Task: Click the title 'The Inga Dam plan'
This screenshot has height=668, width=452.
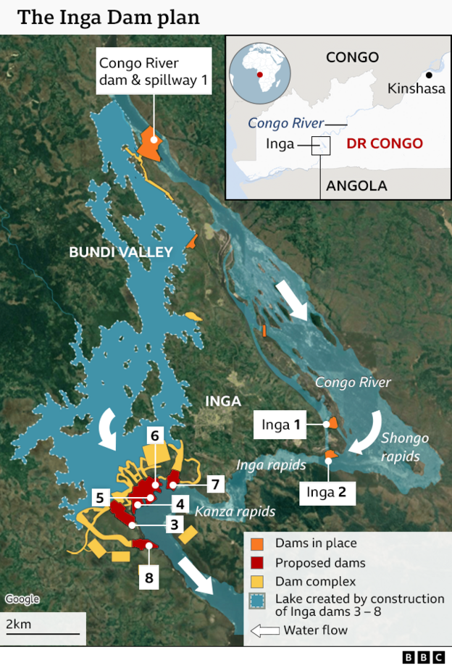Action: (x=109, y=17)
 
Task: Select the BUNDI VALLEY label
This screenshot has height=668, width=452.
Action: (x=121, y=252)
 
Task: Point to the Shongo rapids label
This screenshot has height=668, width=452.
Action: (x=404, y=447)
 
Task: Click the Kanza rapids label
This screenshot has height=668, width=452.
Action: (x=235, y=512)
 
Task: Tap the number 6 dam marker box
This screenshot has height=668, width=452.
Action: (x=154, y=435)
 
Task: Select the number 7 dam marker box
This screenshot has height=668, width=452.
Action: (x=215, y=483)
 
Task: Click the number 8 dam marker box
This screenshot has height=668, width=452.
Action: (x=148, y=577)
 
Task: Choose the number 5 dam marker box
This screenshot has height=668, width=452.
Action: (x=101, y=498)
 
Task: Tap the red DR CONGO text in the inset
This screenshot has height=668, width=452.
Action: (x=385, y=143)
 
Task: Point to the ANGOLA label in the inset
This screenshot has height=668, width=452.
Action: (x=356, y=185)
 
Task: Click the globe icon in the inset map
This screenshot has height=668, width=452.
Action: (x=259, y=75)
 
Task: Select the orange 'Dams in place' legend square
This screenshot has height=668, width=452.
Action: (x=257, y=543)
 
